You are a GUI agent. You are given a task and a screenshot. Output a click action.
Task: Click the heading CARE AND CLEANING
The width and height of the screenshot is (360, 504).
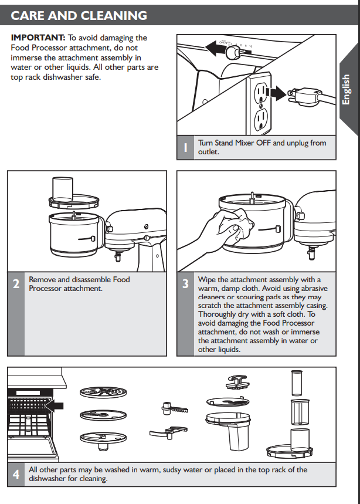point(79,15)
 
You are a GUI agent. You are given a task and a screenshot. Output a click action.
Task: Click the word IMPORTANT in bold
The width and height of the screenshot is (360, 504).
point(38,38)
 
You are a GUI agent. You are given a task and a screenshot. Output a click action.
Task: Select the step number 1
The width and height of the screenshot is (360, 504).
point(186,147)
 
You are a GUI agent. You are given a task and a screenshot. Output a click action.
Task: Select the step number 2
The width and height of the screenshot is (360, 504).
point(16,285)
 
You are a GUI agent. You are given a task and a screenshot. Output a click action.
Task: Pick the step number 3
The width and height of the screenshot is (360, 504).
point(185,285)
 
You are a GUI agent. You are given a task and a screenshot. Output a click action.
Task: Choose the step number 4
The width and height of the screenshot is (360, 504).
point(16,474)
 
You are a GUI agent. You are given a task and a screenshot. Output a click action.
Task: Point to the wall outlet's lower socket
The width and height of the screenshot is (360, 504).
point(261,119)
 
